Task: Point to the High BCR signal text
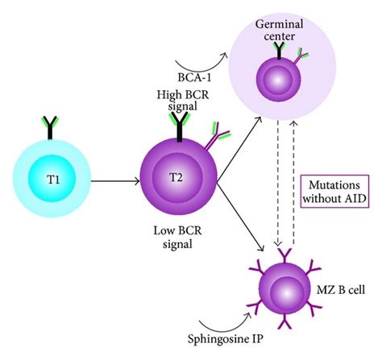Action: coord(181,102)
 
